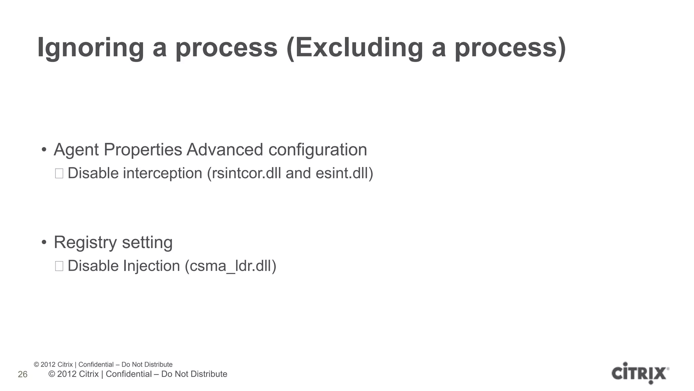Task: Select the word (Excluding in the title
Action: [354, 48]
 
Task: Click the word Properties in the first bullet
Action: [143, 150]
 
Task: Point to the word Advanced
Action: [225, 150]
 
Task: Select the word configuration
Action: [318, 150]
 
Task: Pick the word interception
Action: [163, 173]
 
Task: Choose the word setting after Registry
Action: [147, 243]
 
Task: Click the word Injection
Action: [151, 266]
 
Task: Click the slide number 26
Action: [23, 374]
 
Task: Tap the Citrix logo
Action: [640, 373]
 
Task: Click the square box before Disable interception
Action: [59, 173]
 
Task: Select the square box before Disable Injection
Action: [59, 266]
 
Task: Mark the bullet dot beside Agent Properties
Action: [44, 150]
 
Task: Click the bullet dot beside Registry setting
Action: [44, 243]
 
